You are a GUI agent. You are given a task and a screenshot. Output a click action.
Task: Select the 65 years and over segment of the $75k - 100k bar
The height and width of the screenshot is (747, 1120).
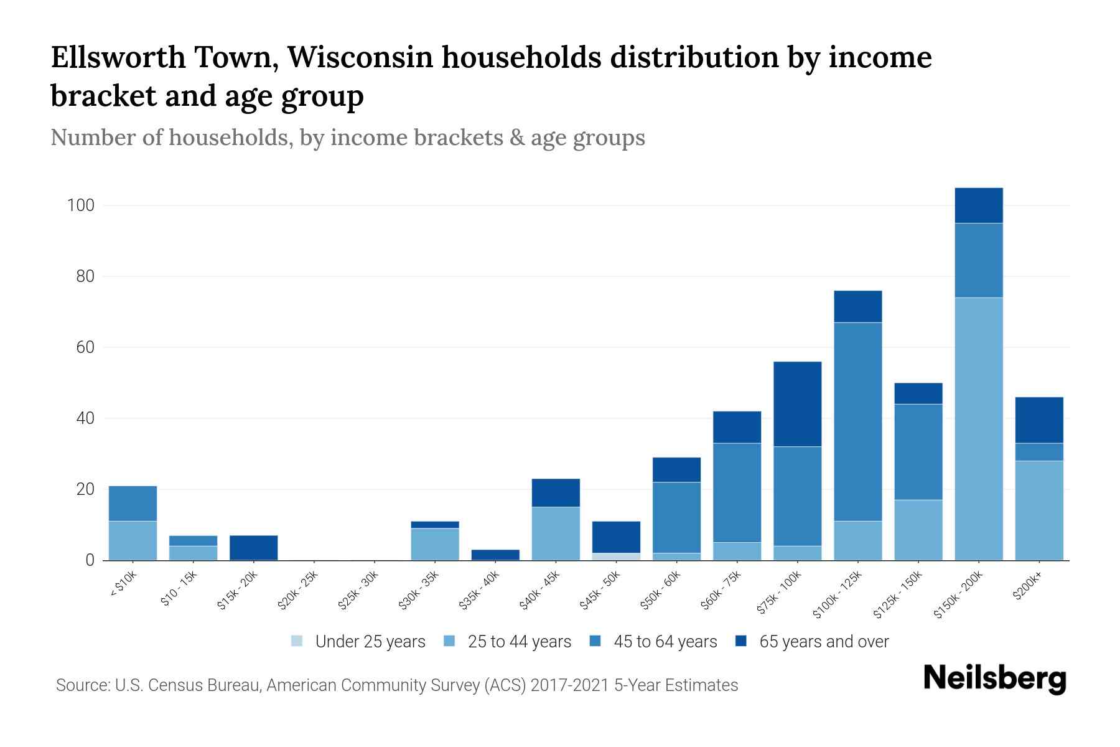pyautogui.click(x=797, y=403)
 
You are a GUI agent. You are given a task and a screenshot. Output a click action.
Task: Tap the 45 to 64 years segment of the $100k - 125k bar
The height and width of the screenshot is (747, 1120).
pyautogui.click(x=857, y=421)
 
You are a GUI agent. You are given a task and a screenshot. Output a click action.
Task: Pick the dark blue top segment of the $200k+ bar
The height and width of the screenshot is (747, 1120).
pyautogui.click(x=1039, y=420)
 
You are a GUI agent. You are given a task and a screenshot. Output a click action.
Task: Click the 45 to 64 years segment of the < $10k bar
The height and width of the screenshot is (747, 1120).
pyautogui.click(x=133, y=503)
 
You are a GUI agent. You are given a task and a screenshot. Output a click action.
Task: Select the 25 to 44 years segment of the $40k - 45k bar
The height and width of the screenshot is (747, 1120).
pyautogui.click(x=556, y=533)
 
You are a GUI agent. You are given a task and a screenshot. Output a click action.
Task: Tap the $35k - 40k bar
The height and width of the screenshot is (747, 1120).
pyautogui.click(x=495, y=554)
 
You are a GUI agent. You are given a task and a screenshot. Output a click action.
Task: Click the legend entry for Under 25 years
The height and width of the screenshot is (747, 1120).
pyautogui.click(x=358, y=642)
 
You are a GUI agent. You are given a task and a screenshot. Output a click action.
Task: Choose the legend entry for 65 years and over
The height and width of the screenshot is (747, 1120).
pyautogui.click(x=812, y=642)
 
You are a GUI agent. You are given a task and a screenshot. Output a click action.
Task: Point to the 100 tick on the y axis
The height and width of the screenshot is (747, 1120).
pyautogui.click(x=80, y=205)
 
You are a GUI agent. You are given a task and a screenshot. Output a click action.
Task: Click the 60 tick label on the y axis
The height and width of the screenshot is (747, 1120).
pyautogui.click(x=85, y=347)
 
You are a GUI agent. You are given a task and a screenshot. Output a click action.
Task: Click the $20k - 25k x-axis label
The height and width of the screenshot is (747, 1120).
pyautogui.click(x=298, y=591)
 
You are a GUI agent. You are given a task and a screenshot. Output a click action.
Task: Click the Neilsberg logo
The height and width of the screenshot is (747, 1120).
pyautogui.click(x=994, y=679)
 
